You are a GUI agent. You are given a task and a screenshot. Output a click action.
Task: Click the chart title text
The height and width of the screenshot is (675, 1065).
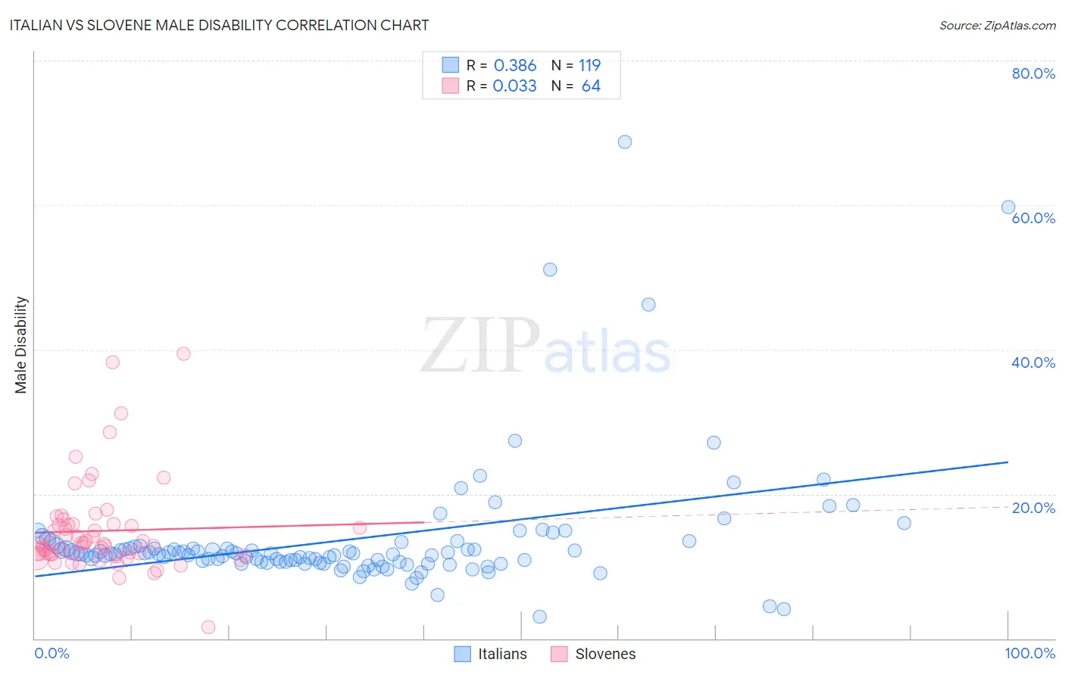point(219,25)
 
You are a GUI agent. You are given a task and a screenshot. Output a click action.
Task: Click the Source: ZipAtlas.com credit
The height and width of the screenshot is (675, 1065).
point(997,25)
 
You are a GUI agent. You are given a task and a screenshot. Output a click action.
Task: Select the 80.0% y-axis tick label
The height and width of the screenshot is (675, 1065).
point(1033,73)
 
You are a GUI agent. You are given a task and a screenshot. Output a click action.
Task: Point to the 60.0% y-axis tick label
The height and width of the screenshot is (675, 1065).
point(1033,218)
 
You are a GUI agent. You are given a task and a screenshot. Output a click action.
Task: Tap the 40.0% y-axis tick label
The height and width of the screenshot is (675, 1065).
point(1033,362)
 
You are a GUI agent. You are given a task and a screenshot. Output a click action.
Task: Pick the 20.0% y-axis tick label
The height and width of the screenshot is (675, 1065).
point(1033,508)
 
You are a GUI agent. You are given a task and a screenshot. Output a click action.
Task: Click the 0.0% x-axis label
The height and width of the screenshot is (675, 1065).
point(52,653)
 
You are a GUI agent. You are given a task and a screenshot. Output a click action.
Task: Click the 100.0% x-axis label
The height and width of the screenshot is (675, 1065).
point(1029,653)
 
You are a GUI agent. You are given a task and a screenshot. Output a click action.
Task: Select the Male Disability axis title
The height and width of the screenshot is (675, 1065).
point(21,344)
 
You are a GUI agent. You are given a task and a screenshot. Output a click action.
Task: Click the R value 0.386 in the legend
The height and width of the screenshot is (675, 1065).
point(515,66)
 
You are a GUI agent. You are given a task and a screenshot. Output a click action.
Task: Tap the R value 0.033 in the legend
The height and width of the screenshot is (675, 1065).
point(515,86)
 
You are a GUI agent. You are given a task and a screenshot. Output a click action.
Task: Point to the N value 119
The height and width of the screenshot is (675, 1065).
point(589,66)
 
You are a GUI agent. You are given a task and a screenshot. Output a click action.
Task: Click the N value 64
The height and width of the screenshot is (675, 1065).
point(591,86)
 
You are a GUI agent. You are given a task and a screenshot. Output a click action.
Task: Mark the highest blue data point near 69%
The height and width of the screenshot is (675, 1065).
point(625,142)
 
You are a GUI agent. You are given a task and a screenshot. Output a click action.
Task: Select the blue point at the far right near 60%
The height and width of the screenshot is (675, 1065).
point(1008,207)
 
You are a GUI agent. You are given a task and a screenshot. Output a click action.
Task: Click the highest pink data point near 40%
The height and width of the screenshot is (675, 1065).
point(183,353)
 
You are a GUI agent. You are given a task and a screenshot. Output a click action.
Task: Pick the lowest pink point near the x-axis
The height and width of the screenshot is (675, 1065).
point(208,627)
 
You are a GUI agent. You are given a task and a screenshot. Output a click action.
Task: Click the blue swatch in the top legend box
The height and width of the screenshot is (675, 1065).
point(451,65)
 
